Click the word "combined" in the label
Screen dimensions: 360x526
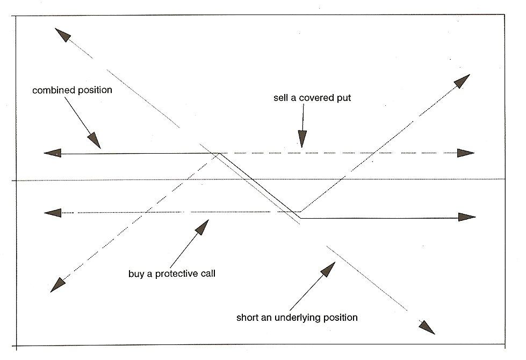[53, 90]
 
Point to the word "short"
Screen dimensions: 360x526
[247, 317]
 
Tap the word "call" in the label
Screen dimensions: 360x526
[206, 273]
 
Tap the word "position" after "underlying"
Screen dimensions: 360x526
[336, 317]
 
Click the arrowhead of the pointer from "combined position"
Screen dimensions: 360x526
[94, 141]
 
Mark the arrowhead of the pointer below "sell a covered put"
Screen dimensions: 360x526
[302, 140]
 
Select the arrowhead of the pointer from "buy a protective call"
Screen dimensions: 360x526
[202, 227]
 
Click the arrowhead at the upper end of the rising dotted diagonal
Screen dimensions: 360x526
[462, 82]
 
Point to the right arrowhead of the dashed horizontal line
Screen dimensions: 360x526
[466, 153]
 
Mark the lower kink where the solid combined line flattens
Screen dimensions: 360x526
[300, 218]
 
